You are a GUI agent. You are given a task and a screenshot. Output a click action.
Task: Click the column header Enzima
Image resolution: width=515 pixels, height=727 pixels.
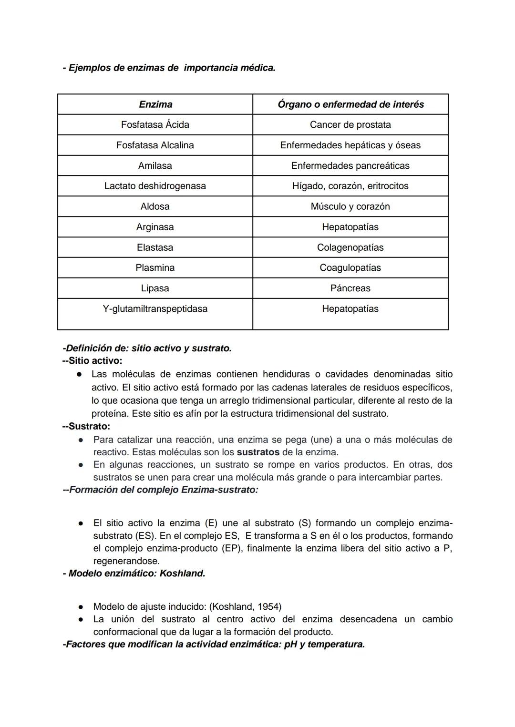pyautogui.click(x=155, y=104)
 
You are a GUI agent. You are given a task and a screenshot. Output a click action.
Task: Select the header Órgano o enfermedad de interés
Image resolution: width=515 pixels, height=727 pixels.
pyautogui.click(x=350, y=104)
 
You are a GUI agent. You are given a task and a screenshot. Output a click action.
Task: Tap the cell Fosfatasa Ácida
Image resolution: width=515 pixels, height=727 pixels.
pyautogui.click(x=155, y=125)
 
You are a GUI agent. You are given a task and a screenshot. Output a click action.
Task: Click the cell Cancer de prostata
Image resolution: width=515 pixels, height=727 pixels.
pyautogui.click(x=350, y=125)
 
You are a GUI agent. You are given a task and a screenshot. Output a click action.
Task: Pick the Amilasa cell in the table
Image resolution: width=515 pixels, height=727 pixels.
pyautogui.click(x=155, y=166)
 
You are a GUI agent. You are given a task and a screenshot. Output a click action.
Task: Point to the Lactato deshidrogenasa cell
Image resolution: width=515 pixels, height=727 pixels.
pyautogui.click(x=155, y=186)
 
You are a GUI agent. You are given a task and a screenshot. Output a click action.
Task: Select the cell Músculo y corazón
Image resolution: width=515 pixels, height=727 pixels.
pyautogui.click(x=350, y=206)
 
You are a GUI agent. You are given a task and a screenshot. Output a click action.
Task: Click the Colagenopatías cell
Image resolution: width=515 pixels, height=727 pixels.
pyautogui.click(x=350, y=247)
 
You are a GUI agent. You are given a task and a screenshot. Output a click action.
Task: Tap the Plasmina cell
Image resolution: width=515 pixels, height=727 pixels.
pyautogui.click(x=155, y=268)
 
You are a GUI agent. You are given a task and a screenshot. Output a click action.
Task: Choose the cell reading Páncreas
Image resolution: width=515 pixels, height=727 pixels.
pyautogui.click(x=350, y=288)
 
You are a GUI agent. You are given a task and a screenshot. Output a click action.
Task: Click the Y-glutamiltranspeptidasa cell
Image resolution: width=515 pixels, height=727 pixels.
pyautogui.click(x=155, y=309)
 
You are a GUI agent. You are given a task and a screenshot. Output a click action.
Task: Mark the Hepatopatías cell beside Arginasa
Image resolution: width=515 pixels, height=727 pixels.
pyautogui.click(x=350, y=227)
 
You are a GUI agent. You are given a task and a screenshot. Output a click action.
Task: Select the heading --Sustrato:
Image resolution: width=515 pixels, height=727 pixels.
pyautogui.click(x=86, y=426)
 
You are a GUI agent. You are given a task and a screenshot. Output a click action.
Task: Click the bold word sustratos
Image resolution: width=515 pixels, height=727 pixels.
pyautogui.click(x=258, y=452)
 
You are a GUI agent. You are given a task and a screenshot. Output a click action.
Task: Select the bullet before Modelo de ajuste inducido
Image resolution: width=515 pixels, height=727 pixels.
pyautogui.click(x=81, y=607)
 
